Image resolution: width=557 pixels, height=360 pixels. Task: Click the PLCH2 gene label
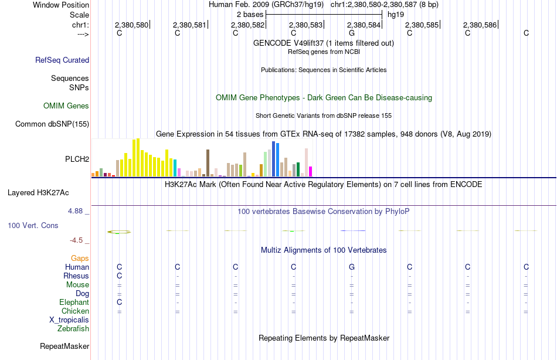(x=77, y=159)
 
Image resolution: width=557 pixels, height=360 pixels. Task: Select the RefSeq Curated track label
(x=62, y=60)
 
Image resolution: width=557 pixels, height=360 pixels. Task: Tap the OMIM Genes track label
(x=66, y=106)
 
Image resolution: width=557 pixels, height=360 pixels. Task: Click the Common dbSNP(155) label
(x=52, y=124)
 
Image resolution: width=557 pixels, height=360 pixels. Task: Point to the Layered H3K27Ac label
(x=38, y=193)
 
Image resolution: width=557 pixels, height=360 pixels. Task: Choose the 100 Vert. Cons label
(x=33, y=225)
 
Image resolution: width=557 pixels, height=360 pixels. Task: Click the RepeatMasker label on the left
(x=64, y=346)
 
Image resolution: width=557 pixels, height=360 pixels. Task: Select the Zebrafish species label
(x=73, y=328)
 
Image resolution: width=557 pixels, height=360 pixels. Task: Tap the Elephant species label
(x=74, y=302)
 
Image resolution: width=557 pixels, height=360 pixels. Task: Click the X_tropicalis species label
(x=69, y=320)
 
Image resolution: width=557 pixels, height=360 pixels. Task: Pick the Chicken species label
(x=75, y=311)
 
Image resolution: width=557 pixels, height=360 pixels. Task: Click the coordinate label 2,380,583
(x=305, y=25)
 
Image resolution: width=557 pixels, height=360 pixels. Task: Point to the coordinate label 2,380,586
(x=480, y=25)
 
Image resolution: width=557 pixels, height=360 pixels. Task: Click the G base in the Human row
(x=352, y=267)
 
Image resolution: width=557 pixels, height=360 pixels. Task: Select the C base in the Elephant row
(x=120, y=302)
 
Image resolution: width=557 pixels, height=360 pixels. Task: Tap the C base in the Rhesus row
(x=120, y=276)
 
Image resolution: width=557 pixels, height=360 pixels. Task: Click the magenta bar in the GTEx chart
(x=310, y=172)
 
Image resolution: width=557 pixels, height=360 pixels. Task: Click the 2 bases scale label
(x=250, y=15)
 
